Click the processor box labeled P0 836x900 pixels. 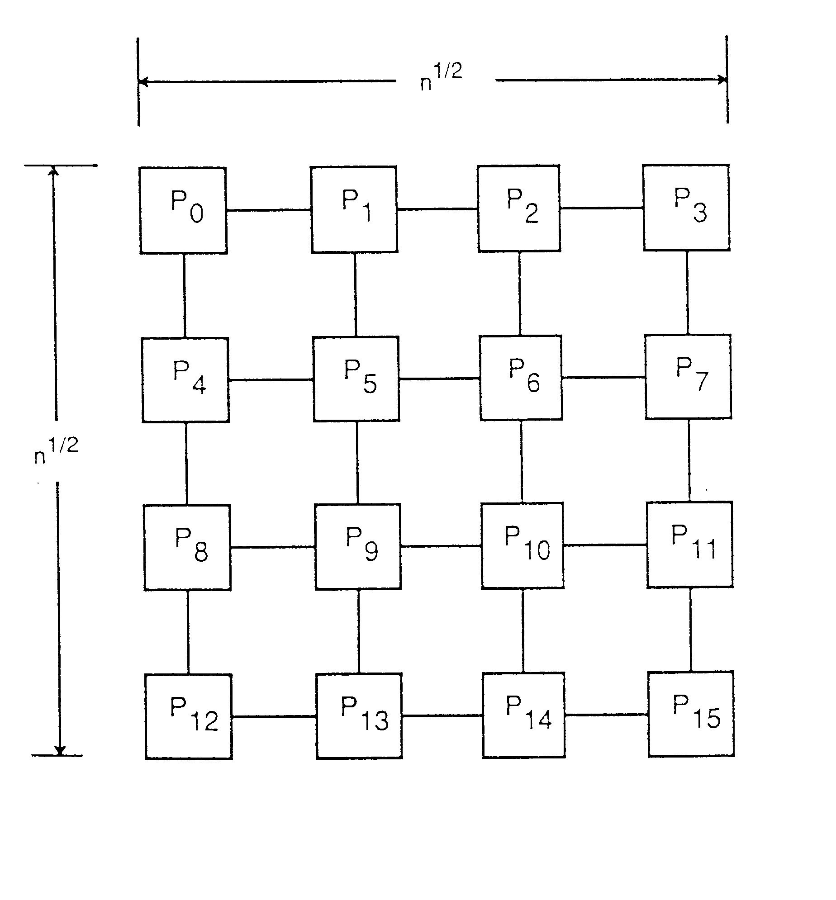point(183,210)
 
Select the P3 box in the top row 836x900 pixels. point(686,208)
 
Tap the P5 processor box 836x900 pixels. point(356,379)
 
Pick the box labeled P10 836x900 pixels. point(522,545)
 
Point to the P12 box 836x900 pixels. point(189,716)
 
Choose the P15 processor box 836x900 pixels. point(691,714)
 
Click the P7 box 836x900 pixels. point(688,377)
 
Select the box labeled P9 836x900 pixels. point(358,546)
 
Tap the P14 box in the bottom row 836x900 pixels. point(524,715)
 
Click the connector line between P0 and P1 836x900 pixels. point(269,210)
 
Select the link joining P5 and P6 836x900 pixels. point(439,379)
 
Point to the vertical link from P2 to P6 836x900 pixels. point(520,294)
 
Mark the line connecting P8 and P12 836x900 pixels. point(188,632)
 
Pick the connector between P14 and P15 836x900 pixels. point(606,715)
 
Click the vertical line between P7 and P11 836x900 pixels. point(689,460)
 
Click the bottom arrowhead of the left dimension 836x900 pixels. point(60,750)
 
